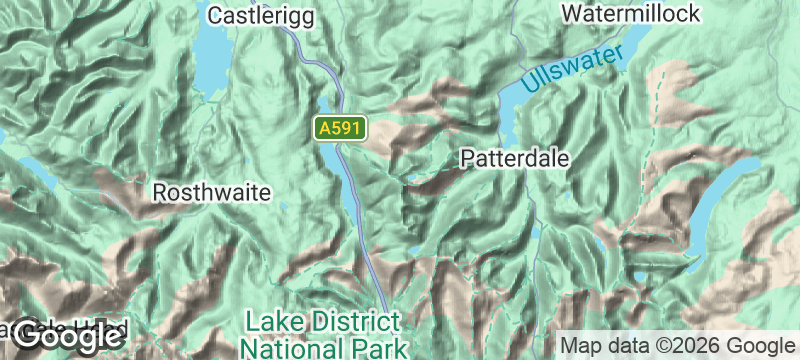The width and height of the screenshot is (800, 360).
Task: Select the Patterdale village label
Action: coord(514,158)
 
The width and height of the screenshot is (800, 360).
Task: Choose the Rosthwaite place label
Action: coord(211,192)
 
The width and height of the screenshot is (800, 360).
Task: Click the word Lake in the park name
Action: coord(273,322)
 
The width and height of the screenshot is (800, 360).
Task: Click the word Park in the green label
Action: coord(378,347)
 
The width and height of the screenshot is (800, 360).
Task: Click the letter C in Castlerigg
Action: coord(216,15)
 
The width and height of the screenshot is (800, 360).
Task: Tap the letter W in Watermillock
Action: coord(573,14)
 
